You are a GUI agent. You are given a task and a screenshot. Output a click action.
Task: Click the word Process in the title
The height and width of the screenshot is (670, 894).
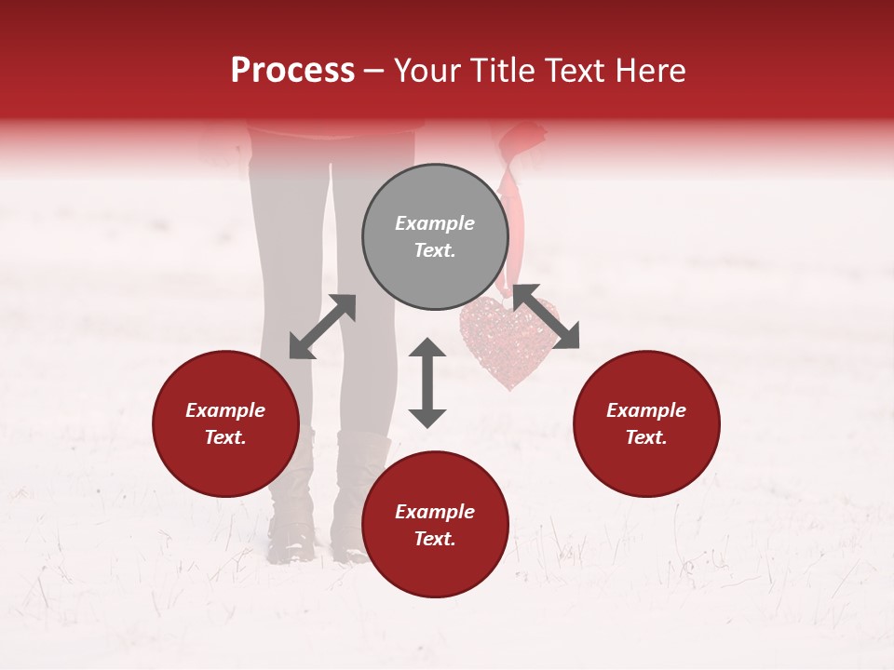pos(292,71)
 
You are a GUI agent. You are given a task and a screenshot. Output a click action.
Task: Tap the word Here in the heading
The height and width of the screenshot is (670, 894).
pos(649,71)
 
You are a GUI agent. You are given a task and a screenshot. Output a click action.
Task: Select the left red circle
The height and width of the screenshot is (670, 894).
pos(225,423)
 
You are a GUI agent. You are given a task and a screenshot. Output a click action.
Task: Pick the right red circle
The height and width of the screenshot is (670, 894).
pos(646,423)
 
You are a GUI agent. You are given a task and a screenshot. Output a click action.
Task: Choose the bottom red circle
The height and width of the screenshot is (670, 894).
pos(435,525)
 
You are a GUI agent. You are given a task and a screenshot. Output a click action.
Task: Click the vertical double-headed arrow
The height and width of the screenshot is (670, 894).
pos(427,382)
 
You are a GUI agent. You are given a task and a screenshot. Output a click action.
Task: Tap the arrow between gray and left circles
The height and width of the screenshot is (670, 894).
pos(322,327)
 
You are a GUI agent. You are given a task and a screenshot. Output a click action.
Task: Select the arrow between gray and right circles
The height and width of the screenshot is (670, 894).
pos(546,316)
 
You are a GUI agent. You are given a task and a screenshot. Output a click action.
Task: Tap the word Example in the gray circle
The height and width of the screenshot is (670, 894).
pos(435,223)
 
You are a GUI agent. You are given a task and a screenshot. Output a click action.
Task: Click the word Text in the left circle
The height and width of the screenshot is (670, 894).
pos(225,437)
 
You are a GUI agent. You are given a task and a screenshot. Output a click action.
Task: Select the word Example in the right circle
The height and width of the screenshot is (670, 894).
pos(646,410)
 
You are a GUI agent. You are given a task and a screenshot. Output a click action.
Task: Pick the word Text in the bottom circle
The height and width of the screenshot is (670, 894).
pos(435,539)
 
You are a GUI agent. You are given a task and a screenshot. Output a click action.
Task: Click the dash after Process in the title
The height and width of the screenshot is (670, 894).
pos(374,71)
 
